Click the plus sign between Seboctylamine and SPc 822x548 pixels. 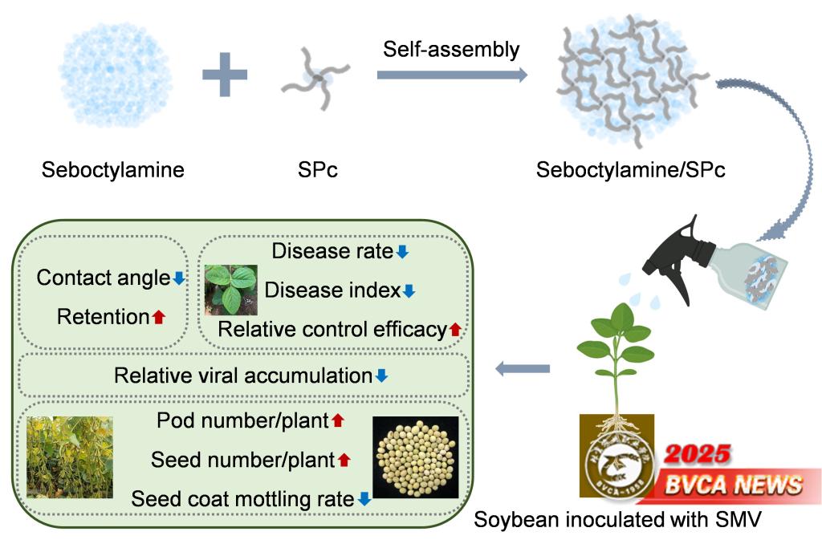(225, 75)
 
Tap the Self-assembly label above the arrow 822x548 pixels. (451, 49)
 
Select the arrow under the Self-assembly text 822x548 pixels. (452, 75)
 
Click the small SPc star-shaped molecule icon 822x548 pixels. (315, 78)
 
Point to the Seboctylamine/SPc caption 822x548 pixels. (631, 170)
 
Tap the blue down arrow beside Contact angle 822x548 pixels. (179, 278)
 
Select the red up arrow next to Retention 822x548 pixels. (158, 317)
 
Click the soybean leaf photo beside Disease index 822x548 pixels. (230, 290)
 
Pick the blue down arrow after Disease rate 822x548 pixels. (402, 252)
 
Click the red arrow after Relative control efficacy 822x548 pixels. (455, 329)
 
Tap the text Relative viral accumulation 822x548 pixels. (243, 375)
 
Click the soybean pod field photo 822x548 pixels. (70, 457)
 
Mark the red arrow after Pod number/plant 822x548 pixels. (338, 420)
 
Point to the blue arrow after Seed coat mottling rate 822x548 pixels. (364, 499)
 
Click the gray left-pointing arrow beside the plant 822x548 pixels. (523, 368)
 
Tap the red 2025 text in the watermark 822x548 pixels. (697, 454)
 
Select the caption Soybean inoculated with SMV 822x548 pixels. (616, 520)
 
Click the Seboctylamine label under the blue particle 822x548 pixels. (113, 170)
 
